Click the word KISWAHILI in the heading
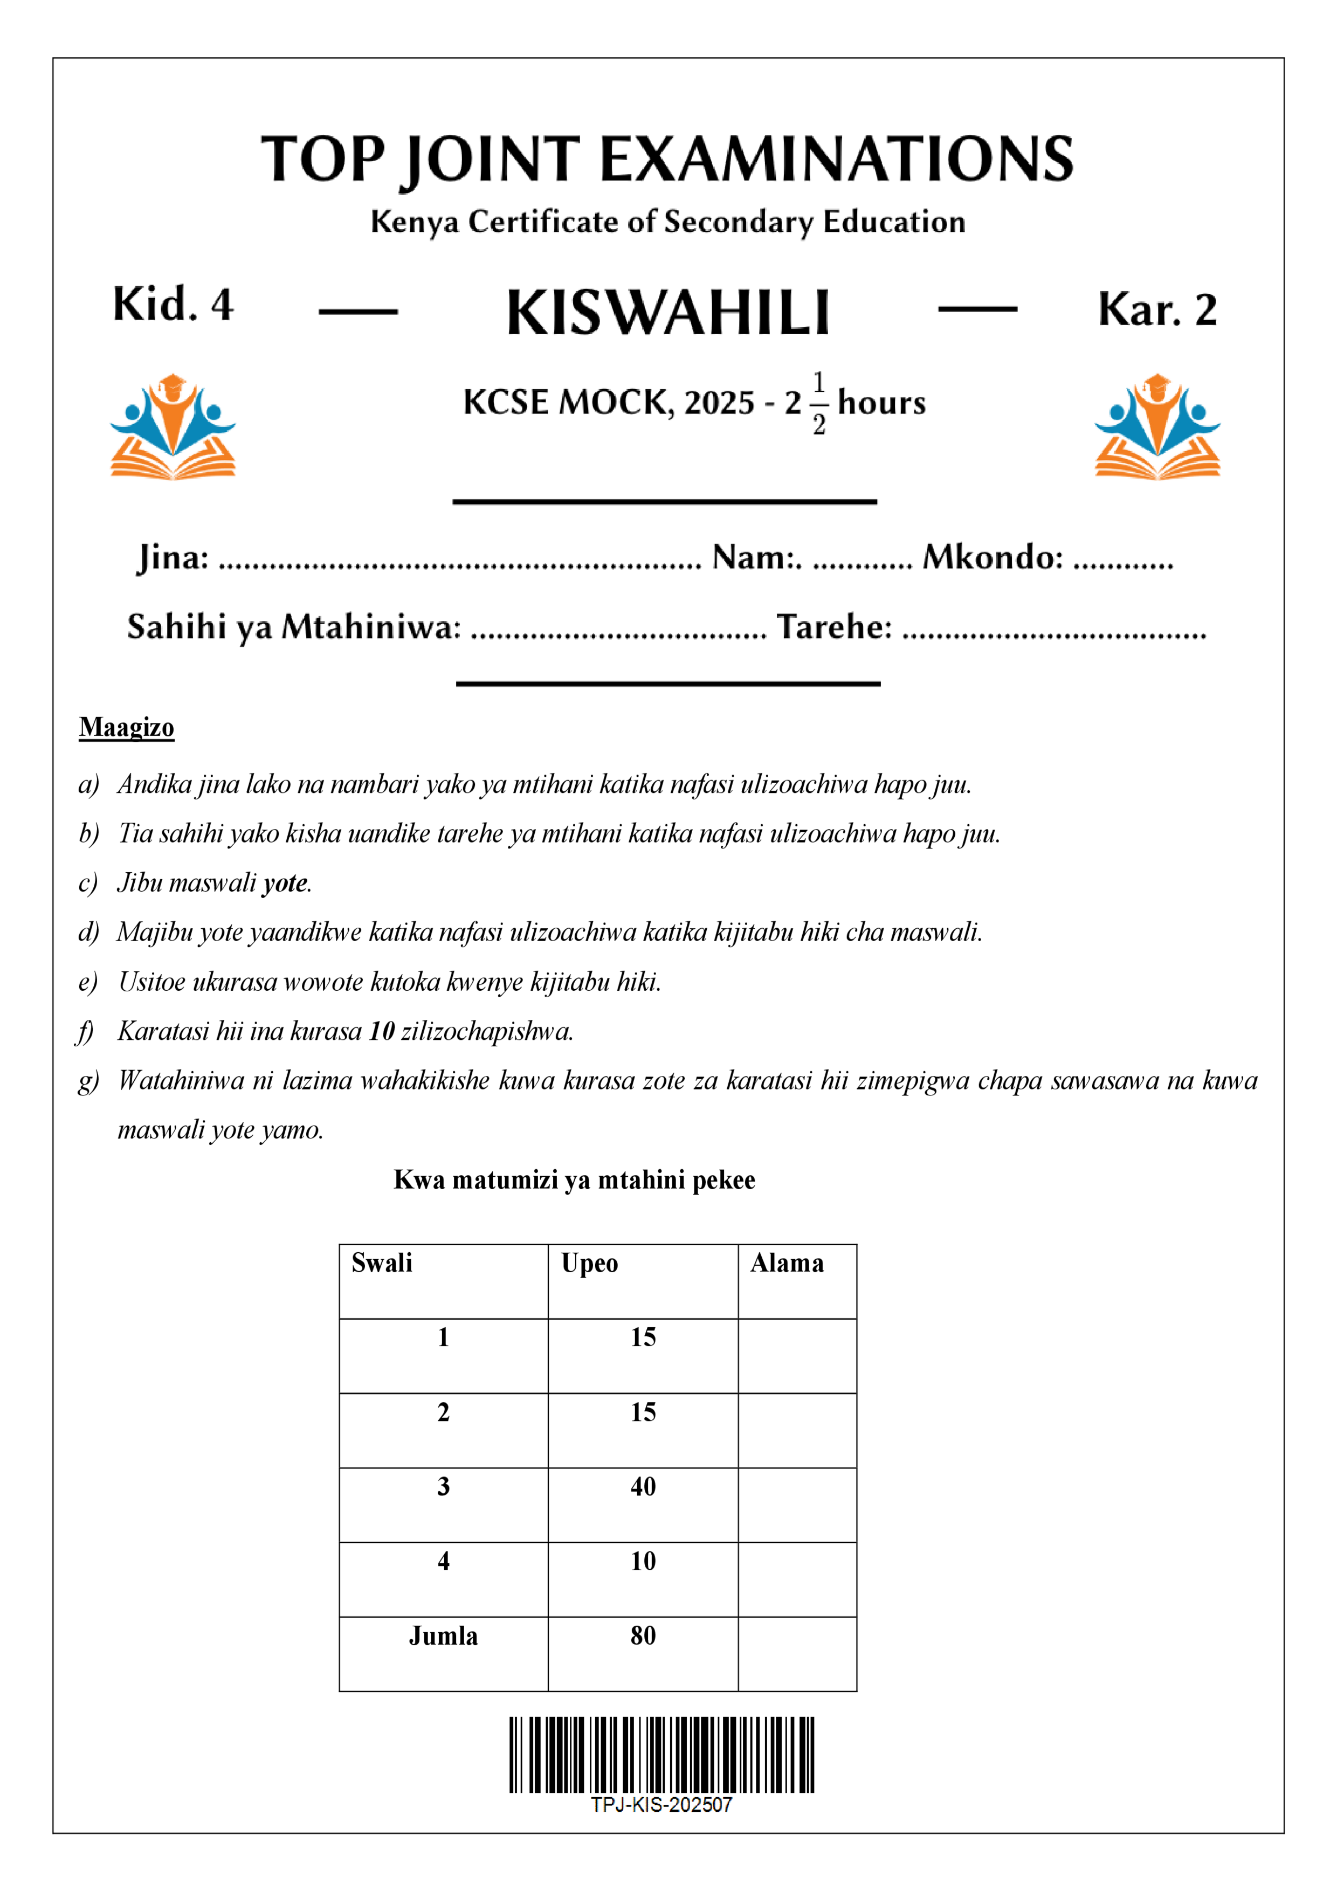pos(667,313)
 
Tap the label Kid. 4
pos(173,304)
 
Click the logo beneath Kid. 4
pos(173,426)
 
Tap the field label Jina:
pos(173,557)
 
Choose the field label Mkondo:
pos(993,557)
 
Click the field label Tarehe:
pos(833,627)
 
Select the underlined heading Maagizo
pos(127,727)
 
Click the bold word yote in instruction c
pos(285,883)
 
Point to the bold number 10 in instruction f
pos(381,1031)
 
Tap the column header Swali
pos(381,1264)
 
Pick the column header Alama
pos(787,1264)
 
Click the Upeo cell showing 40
pos(643,1487)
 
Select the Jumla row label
pos(443,1635)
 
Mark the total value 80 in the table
pos(643,1635)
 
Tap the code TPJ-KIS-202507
pos(661,1805)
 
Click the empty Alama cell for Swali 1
pos(797,1356)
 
